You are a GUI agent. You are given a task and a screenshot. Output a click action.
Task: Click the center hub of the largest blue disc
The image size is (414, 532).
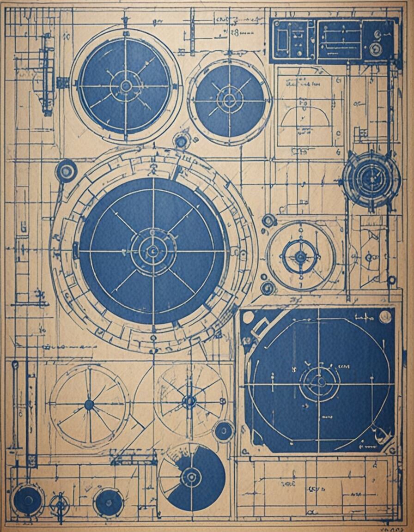[x=152, y=251]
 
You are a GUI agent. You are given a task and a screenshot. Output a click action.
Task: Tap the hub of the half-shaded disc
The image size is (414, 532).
[x=191, y=477]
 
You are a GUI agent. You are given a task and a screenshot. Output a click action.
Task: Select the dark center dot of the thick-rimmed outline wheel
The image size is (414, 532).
[x=89, y=405]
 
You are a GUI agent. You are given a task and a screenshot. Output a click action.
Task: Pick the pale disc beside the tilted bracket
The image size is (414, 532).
[x=248, y=317]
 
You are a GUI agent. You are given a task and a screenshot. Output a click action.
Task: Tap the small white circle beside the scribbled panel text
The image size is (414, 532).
[x=385, y=316]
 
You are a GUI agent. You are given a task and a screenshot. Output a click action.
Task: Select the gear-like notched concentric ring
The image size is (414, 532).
[x=371, y=178]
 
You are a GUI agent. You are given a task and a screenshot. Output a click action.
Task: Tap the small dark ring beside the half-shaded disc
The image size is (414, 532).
[x=224, y=431]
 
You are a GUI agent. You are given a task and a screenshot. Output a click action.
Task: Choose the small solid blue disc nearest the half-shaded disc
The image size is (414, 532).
[x=109, y=502]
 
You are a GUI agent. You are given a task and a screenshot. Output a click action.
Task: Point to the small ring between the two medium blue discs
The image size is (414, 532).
[x=181, y=140]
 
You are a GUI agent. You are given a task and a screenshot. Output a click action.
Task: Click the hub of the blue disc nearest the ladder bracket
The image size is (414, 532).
[x=126, y=86]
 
